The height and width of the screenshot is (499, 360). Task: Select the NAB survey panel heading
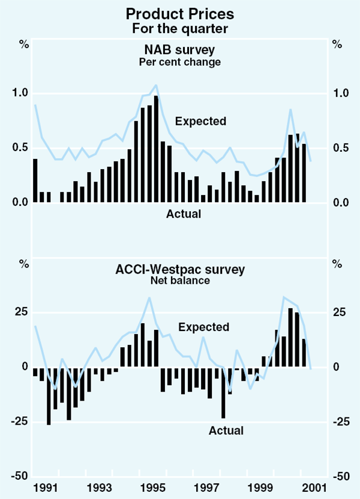pyautogui.click(x=180, y=50)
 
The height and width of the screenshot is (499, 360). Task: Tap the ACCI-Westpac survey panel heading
pyautogui.click(x=180, y=269)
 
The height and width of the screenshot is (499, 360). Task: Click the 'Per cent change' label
pyautogui.click(x=180, y=62)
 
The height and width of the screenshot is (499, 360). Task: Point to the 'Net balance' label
pyautogui.click(x=180, y=280)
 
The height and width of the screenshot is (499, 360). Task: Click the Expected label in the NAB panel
pyautogui.click(x=201, y=121)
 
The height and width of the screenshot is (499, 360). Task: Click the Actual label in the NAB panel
pyautogui.click(x=184, y=213)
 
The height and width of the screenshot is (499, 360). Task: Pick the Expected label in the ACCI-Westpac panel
pyautogui.click(x=204, y=327)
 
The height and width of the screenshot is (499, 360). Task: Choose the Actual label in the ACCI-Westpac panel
pyautogui.click(x=226, y=430)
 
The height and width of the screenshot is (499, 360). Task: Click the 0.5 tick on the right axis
pyautogui.click(x=340, y=148)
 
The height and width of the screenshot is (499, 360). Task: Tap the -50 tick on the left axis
pyautogui.click(x=20, y=476)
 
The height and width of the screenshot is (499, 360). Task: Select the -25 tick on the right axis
pyautogui.click(x=340, y=422)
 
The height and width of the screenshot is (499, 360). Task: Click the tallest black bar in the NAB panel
pyautogui.click(x=157, y=149)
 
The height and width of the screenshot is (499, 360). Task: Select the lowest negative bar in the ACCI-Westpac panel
pyautogui.click(x=49, y=396)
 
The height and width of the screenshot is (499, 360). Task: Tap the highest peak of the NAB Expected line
pyautogui.click(x=157, y=85)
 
